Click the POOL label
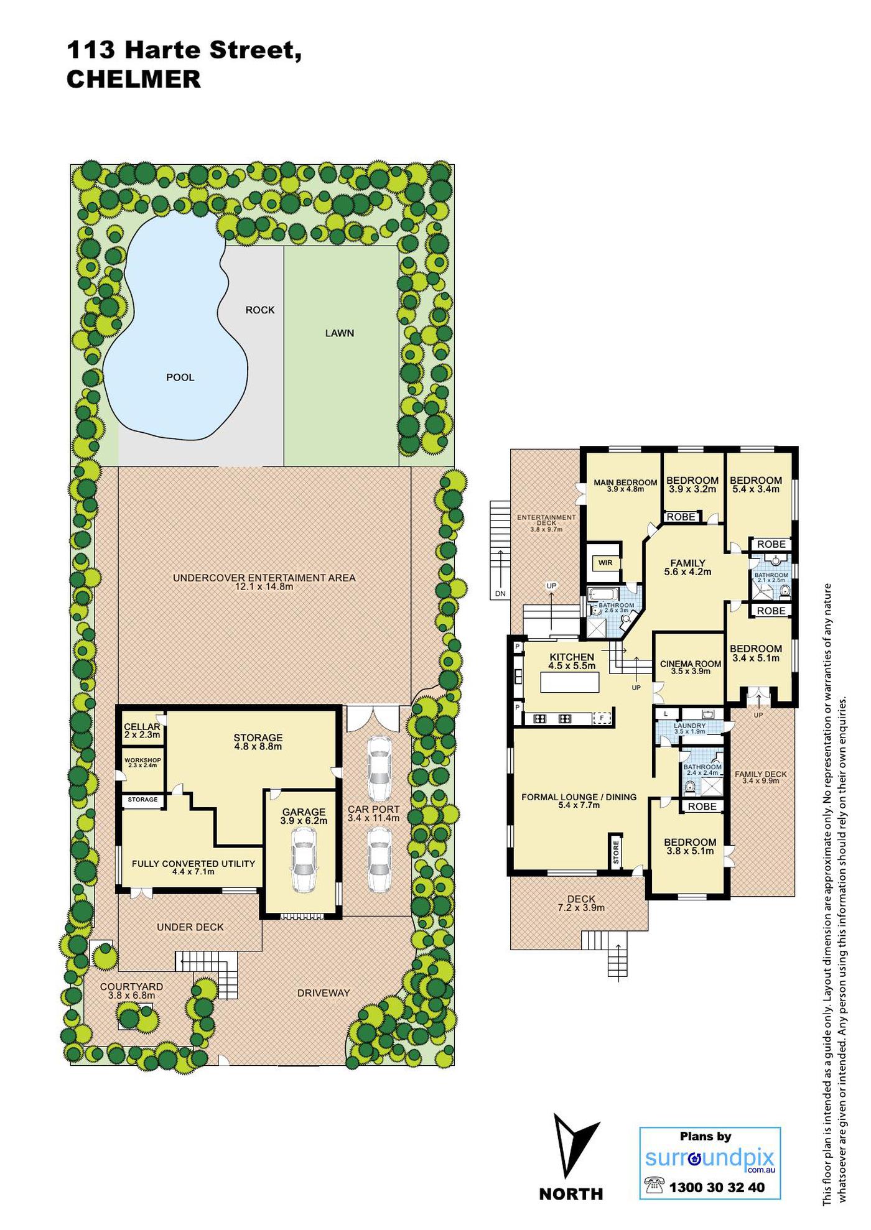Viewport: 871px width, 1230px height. tap(180, 377)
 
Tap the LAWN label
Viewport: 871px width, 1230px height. tap(340, 333)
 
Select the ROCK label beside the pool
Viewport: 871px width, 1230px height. tap(260, 310)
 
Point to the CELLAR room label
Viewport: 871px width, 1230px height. tap(142, 727)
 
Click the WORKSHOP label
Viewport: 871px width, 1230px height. tap(142, 760)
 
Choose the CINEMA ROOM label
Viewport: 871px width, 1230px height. tap(691, 664)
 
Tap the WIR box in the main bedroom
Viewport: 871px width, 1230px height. tap(605, 563)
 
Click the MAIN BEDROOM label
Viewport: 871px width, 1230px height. tap(625, 483)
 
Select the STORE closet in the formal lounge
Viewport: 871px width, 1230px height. tap(615, 851)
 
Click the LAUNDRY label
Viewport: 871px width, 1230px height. tap(689, 726)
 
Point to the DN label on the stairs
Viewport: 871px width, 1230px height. tap(500, 594)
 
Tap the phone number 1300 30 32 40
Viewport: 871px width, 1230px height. tap(717, 1187)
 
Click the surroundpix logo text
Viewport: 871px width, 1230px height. tap(710, 1158)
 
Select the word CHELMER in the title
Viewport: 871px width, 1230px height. tap(134, 80)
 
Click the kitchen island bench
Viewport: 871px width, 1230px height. tap(570, 682)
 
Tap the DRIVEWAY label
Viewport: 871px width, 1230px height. tap(324, 993)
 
